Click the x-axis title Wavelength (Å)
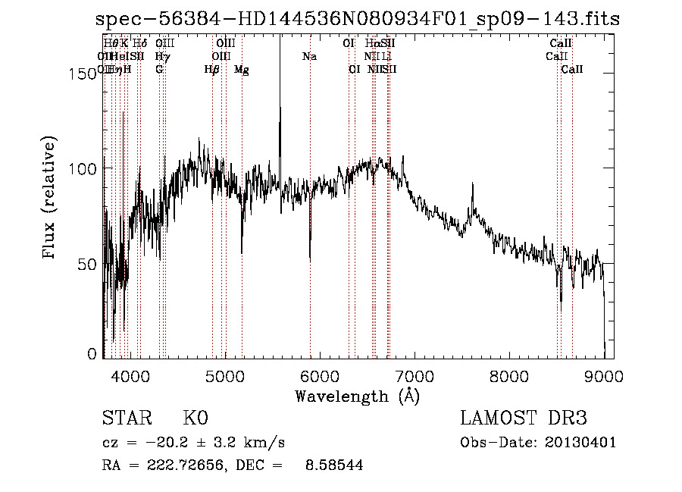(x=357, y=396)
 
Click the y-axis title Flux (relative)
(x=50, y=199)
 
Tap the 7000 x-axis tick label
(x=415, y=375)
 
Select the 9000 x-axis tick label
(x=604, y=375)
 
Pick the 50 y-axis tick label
(x=89, y=264)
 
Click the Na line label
(x=309, y=57)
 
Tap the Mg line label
(x=242, y=70)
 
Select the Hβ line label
(x=212, y=70)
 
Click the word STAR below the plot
(x=126, y=418)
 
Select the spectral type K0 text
(x=196, y=418)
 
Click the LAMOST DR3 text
(x=524, y=418)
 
